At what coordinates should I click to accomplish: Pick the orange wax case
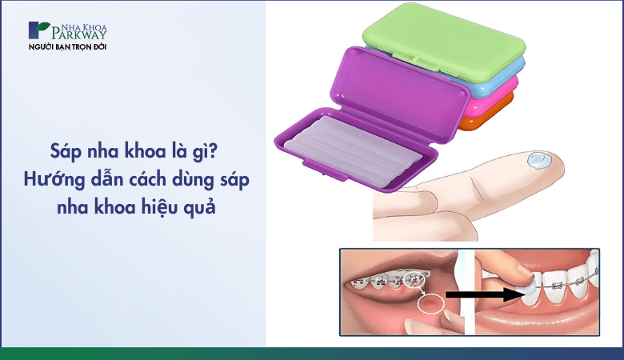[488, 122]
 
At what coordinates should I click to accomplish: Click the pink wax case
[496, 102]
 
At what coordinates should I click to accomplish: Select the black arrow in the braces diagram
[480, 294]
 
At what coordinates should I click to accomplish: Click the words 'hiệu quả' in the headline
[191, 207]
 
